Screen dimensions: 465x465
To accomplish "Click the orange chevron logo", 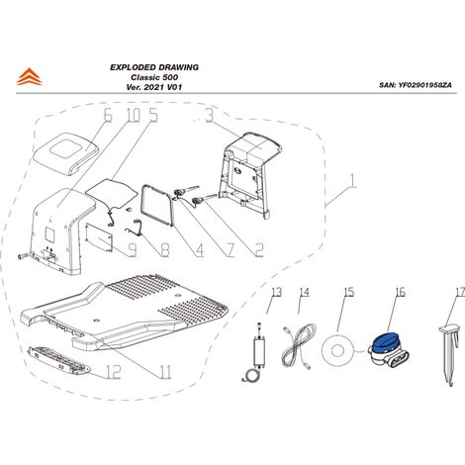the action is [x=29, y=77].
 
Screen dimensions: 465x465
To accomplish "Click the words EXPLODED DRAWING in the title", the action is [x=154, y=67].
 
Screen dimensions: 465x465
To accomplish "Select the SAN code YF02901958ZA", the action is [x=424, y=85].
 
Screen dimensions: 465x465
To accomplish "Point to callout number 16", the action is [x=400, y=292].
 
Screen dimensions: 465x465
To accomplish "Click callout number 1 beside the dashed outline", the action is [x=352, y=182].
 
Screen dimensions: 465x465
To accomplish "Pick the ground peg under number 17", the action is [x=449, y=355].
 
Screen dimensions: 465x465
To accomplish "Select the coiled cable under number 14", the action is [x=299, y=346].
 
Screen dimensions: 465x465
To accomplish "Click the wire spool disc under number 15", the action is [x=337, y=350].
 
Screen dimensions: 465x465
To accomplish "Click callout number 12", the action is [x=113, y=372].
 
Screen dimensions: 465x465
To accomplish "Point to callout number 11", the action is [x=165, y=372].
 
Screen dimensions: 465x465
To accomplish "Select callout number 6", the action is [x=108, y=116].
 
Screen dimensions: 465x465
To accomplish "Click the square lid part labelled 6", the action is [x=66, y=153].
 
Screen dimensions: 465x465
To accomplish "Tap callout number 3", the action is [x=210, y=116].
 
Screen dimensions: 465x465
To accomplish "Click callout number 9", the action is [x=132, y=250].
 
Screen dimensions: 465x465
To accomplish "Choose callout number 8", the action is [x=165, y=250].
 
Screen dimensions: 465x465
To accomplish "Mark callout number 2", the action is [x=259, y=250].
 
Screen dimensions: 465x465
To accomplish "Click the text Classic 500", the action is [x=154, y=77].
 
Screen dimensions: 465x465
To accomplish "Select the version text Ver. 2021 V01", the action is [x=154, y=87].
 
